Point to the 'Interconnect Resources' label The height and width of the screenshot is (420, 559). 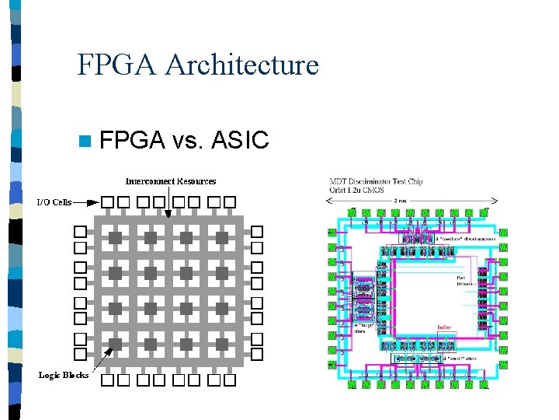tap(171, 181)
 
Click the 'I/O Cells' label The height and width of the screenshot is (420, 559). tap(54, 202)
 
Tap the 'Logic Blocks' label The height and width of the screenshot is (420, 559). tap(64, 376)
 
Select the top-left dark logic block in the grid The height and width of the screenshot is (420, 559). tap(114, 236)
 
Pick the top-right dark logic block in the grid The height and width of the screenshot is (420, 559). tap(222, 236)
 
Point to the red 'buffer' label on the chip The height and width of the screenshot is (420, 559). tap(445, 327)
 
